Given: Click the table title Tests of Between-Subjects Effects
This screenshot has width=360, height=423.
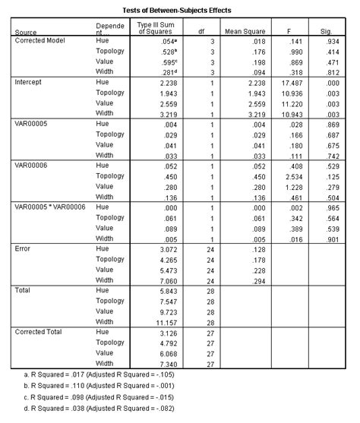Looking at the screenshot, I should pos(180,10).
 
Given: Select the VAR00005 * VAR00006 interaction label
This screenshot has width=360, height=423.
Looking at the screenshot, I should pos(51,206).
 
